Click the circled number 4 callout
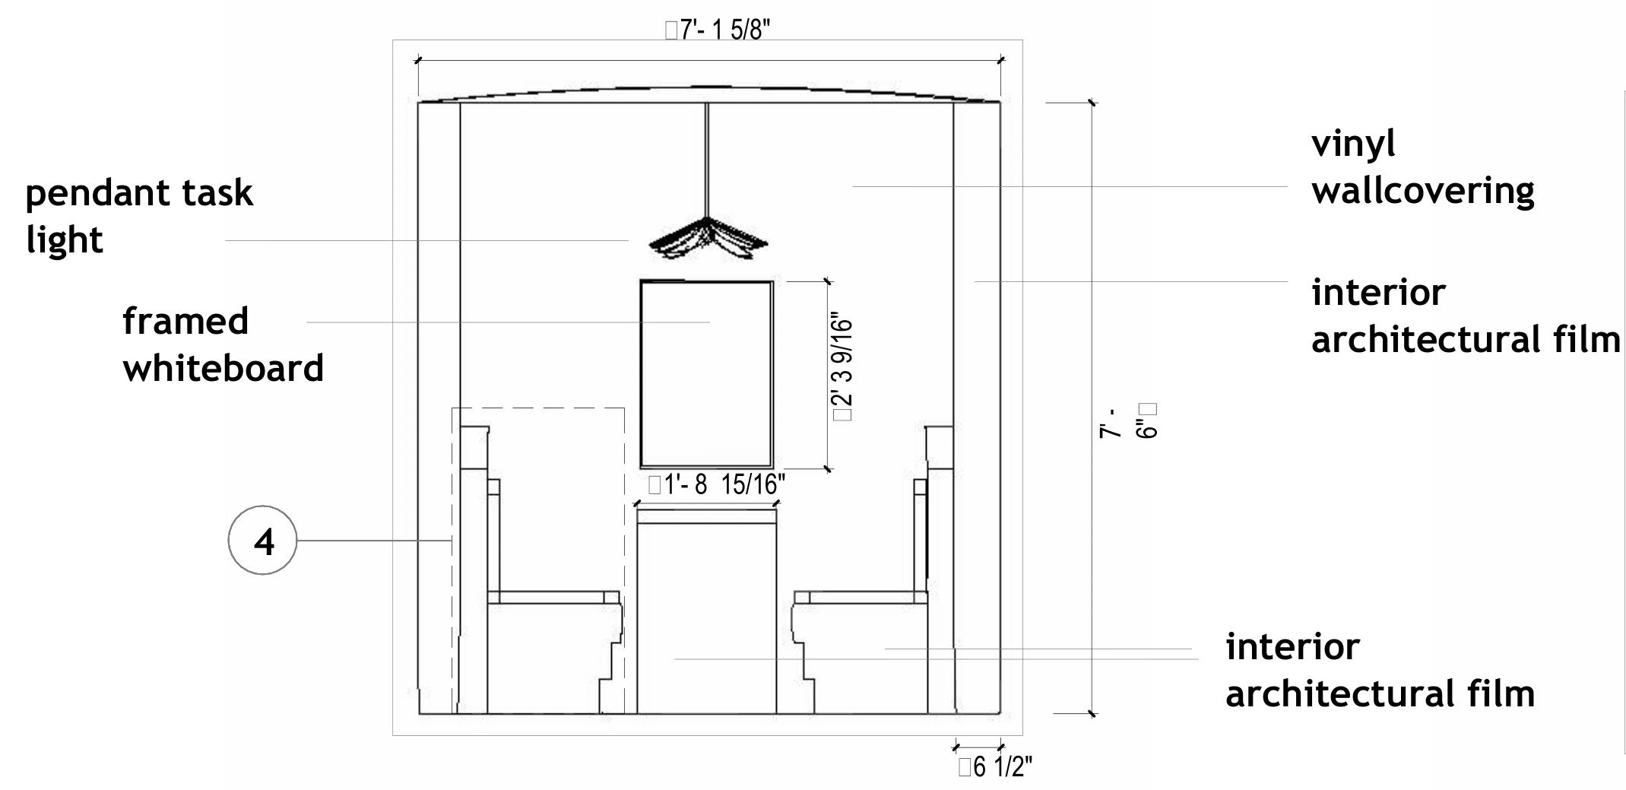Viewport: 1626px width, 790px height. tap(262, 541)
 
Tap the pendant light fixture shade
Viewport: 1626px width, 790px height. tap(708, 239)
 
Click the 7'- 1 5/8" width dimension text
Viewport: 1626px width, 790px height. tap(718, 30)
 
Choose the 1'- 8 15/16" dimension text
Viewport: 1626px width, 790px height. tap(716, 484)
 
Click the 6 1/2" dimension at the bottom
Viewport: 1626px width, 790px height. tap(995, 767)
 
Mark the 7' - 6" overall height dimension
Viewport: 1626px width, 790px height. tap(1127, 420)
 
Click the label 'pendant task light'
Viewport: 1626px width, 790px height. tap(139, 216)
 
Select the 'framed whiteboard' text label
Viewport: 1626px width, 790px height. tap(223, 344)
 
